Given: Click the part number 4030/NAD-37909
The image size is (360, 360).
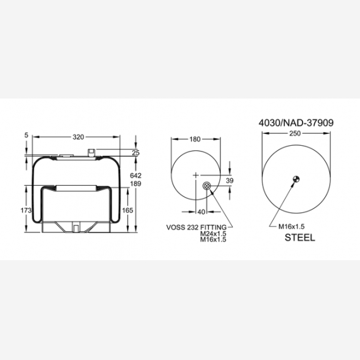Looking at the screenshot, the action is (296, 123).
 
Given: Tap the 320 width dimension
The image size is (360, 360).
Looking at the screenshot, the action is (78, 137).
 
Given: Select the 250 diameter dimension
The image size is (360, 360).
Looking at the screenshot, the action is (295, 133).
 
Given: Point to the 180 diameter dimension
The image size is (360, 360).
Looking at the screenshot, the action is (195, 139).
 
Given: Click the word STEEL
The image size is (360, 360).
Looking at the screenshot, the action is (300, 237).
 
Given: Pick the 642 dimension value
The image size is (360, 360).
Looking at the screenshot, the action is (136, 176).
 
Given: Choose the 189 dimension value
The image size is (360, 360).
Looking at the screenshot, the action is (136, 184).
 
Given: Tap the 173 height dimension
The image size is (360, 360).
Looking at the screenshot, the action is (26, 210).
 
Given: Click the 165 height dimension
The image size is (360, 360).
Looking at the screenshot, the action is (128, 210).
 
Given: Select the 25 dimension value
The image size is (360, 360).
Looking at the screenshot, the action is (136, 153).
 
